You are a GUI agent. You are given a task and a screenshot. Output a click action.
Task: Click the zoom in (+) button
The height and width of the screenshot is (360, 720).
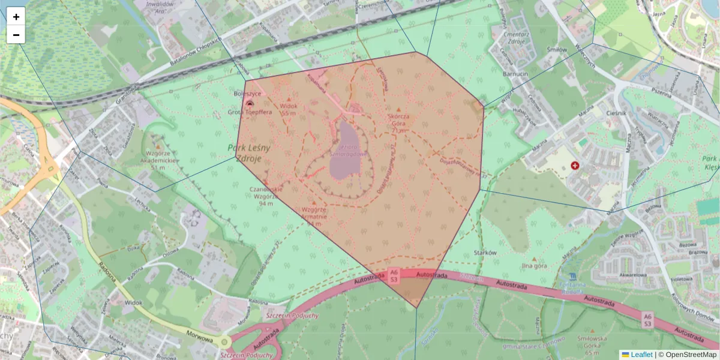[x=16, y=17]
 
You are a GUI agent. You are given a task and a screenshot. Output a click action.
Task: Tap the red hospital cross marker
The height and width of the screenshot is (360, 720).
[x=575, y=165]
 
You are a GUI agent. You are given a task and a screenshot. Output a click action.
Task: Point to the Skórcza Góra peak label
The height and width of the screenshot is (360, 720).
[x=398, y=122]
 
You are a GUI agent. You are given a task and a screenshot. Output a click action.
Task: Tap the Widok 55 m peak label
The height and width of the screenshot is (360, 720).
[x=289, y=109]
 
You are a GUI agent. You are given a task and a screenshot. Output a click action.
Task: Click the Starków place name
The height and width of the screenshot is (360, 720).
[x=485, y=253]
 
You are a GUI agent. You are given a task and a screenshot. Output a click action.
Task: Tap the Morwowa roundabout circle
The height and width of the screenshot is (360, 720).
[x=225, y=342]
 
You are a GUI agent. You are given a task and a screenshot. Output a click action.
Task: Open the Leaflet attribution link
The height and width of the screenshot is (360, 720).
[x=641, y=355]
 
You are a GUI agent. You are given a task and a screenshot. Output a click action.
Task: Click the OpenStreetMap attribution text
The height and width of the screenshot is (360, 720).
[x=688, y=355]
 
